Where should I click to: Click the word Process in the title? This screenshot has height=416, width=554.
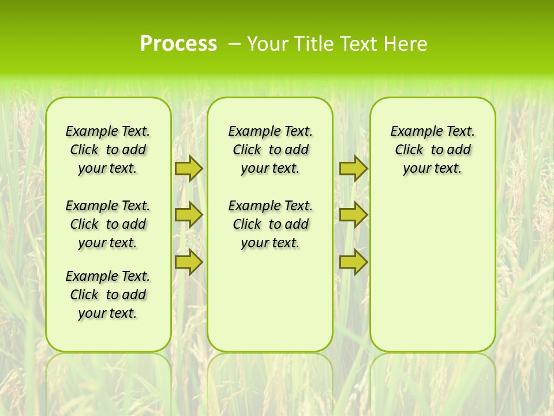(178, 44)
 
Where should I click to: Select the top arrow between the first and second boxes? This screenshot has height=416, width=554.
(189, 168)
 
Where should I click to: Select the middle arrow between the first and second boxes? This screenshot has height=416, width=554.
(189, 215)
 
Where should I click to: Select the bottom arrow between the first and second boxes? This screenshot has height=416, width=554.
(189, 262)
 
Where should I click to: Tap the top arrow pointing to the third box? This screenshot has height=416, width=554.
(353, 168)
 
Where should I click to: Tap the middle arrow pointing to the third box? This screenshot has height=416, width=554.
(353, 215)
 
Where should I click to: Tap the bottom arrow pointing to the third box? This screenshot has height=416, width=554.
(353, 262)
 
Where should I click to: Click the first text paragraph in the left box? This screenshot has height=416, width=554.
(108, 150)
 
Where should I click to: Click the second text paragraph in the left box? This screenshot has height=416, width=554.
(108, 224)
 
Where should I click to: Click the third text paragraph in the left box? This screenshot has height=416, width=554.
(108, 295)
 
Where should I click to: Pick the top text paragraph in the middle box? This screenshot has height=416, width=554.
(270, 150)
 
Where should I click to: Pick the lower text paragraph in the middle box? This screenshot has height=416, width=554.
(270, 224)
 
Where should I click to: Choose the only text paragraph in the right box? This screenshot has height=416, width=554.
(432, 150)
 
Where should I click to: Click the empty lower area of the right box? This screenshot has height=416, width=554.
(432, 277)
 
